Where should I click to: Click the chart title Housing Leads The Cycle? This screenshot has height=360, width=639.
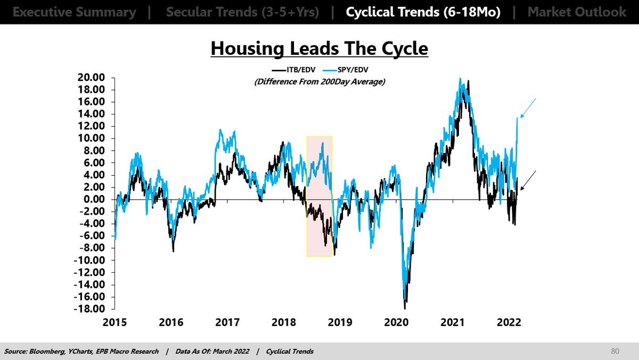(x=319, y=48)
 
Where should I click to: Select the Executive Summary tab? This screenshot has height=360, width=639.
(x=74, y=12)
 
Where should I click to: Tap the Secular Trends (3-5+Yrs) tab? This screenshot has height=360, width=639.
(x=242, y=12)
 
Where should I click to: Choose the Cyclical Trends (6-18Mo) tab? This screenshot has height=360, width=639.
(x=423, y=12)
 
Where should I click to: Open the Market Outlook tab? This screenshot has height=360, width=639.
(x=577, y=12)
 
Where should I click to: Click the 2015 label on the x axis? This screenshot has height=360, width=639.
(x=114, y=323)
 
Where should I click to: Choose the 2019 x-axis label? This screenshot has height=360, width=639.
(x=340, y=323)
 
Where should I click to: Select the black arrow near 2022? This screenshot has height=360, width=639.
(x=528, y=181)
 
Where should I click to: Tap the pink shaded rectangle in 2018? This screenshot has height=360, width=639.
(x=319, y=196)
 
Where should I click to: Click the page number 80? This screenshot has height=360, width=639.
(x=616, y=351)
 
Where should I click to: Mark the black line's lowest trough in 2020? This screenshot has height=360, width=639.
(x=405, y=307)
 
